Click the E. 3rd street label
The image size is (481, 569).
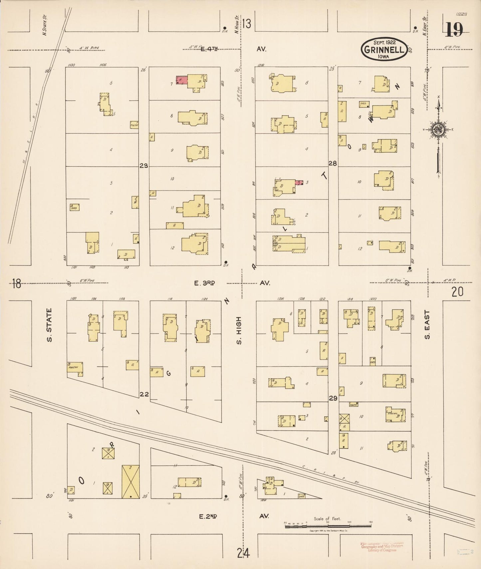[x=204, y=283]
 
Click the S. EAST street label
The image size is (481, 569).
[x=427, y=325]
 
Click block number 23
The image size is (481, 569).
[x=144, y=166]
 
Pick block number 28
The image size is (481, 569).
[x=333, y=163]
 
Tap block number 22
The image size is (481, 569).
[x=144, y=394]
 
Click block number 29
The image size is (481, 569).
[x=333, y=398]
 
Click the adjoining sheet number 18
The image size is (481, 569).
[x=16, y=284]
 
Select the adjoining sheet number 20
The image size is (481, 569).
[x=457, y=292]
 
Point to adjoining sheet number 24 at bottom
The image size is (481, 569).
[x=243, y=553]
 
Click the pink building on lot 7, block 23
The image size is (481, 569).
[x=181, y=80]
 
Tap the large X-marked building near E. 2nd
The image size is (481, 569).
[x=130, y=482]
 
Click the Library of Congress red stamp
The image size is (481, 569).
[x=381, y=547]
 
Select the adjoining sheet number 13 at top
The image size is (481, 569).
[x=247, y=24]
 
